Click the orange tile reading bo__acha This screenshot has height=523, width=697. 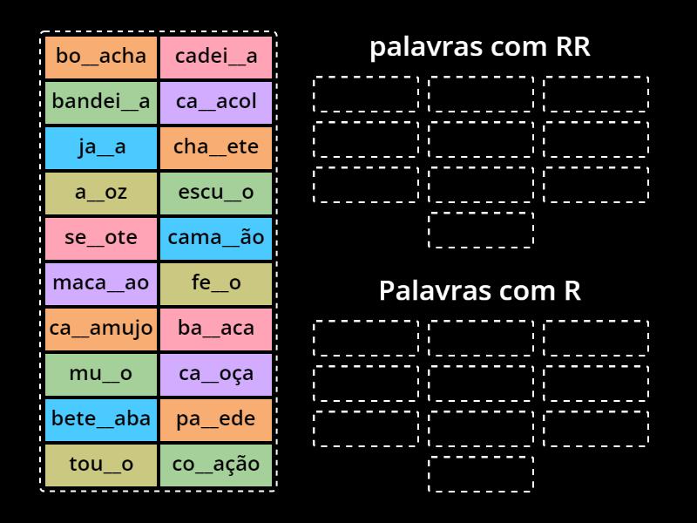[x=101, y=57]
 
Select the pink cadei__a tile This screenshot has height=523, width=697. [x=216, y=57]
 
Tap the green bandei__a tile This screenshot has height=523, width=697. [x=101, y=102]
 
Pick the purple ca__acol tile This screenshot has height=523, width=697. [x=216, y=102]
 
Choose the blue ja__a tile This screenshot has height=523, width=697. [x=101, y=147]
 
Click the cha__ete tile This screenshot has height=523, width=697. [x=216, y=147]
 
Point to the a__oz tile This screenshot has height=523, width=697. [x=101, y=193]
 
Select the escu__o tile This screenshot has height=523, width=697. [x=216, y=193]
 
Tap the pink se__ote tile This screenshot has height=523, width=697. [x=101, y=238]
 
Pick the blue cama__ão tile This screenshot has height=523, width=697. [x=216, y=238]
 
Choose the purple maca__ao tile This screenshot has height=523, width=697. [x=101, y=283]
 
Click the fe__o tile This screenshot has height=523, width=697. [x=216, y=283]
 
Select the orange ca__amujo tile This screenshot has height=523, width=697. [x=101, y=329]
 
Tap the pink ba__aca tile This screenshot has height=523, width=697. [x=216, y=329]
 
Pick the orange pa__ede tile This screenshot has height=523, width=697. [x=216, y=419]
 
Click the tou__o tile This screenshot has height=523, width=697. [x=101, y=465]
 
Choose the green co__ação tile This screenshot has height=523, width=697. [x=216, y=465]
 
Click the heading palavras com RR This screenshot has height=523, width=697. [x=480, y=48]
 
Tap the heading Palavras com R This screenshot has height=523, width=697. [x=480, y=291]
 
